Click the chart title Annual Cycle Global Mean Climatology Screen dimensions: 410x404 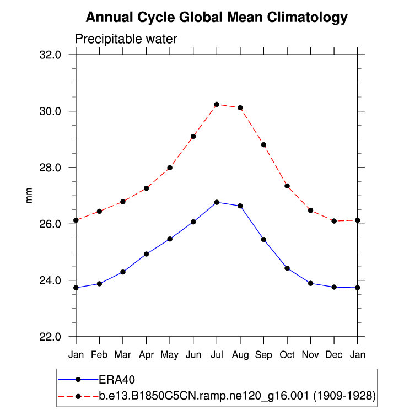coord(217,18)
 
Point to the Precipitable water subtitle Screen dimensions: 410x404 coord(126,39)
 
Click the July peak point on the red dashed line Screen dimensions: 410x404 coord(217,104)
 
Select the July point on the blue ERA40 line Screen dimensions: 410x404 coord(217,202)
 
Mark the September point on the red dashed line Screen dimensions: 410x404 coord(264,145)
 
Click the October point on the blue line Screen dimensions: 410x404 coord(287,268)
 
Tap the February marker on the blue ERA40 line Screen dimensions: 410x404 coord(99,284)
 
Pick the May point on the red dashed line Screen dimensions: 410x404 coord(170,168)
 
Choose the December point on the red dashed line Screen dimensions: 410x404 coord(334,221)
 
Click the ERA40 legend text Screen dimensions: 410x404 coord(117,380)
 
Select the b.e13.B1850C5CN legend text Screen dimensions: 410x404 coord(237,396)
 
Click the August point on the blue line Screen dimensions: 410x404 coord(240,206)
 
